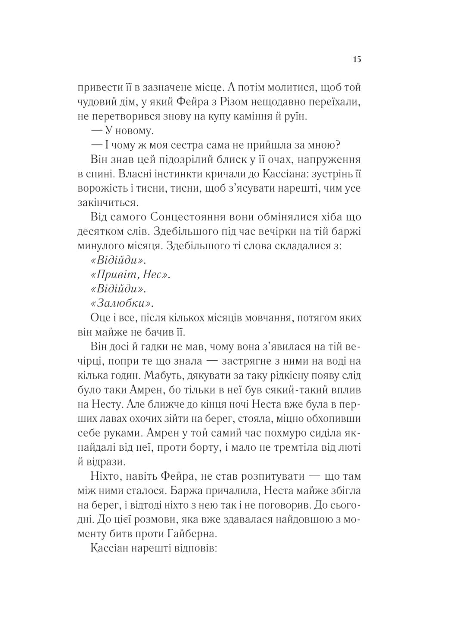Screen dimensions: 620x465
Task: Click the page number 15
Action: pyautogui.click(x=357, y=59)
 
